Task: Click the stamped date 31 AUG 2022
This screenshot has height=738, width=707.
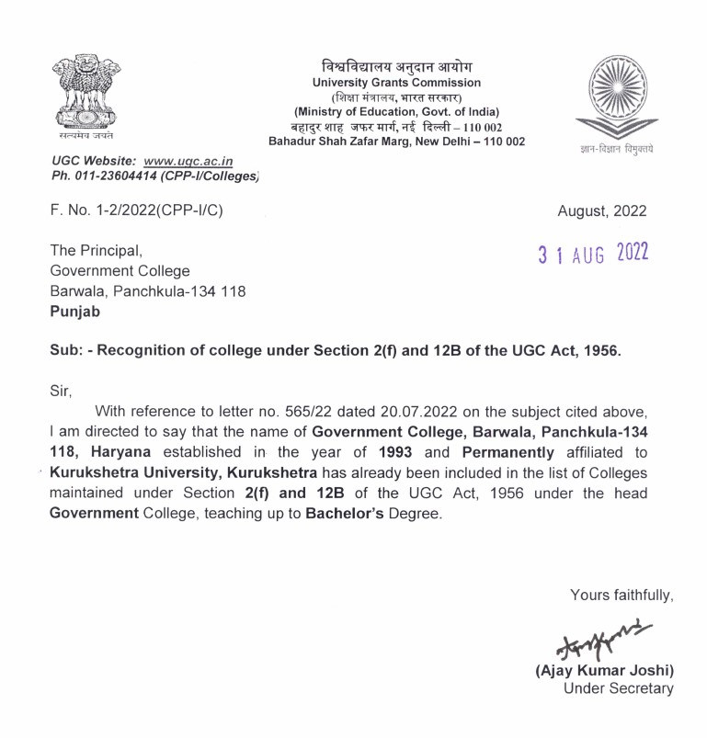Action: tap(593, 253)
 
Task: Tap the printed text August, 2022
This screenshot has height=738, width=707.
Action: tap(602, 211)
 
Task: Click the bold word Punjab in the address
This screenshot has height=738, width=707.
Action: tap(76, 312)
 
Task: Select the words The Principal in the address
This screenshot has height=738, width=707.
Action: tap(97, 250)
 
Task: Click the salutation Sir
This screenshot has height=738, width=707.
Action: tap(60, 390)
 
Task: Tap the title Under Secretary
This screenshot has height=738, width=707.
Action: tap(618, 688)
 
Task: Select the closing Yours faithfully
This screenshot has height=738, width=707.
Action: tap(621, 596)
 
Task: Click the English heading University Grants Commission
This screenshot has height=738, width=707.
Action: tap(396, 84)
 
